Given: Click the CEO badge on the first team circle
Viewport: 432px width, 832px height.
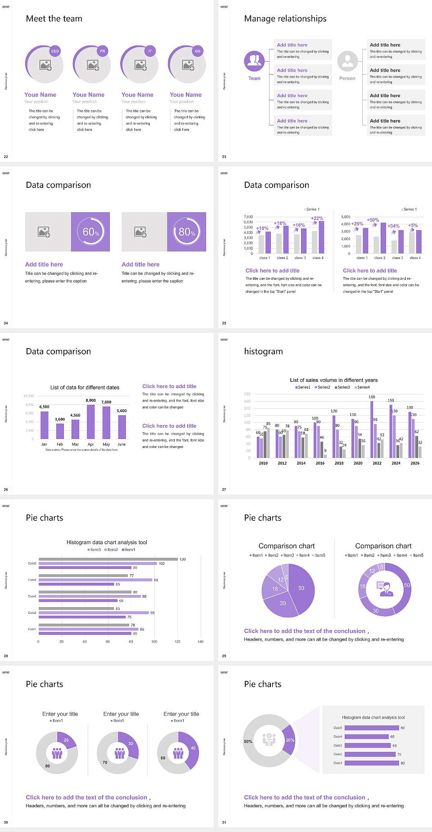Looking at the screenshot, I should point(55,51).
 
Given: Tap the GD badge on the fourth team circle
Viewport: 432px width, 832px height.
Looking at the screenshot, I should point(198,51).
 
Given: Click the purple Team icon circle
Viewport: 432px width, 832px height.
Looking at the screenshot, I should point(254,61).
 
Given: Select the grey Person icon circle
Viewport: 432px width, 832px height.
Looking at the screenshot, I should point(347,61).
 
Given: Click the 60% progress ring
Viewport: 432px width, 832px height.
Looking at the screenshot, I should point(90,232).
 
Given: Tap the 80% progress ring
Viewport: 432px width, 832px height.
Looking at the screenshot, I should point(187,232).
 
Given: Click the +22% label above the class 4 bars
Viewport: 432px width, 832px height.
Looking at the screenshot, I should point(317,218).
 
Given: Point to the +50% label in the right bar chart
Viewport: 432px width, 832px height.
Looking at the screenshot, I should point(373,220).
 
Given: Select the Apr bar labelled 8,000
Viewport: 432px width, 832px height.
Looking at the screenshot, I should point(90,421).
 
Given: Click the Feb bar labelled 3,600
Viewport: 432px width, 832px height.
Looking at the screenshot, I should point(60,431).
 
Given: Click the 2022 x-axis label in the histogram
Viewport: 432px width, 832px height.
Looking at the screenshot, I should point(377,463).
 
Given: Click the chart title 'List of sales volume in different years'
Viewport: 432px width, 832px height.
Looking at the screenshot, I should point(333,380).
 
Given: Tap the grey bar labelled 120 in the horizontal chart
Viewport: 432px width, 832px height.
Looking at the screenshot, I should point(108,559).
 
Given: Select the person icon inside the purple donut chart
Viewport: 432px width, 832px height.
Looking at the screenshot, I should point(385,589).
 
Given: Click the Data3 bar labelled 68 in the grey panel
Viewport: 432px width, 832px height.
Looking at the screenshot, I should point(367,745).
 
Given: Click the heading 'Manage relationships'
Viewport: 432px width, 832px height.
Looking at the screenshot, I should point(285,18).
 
